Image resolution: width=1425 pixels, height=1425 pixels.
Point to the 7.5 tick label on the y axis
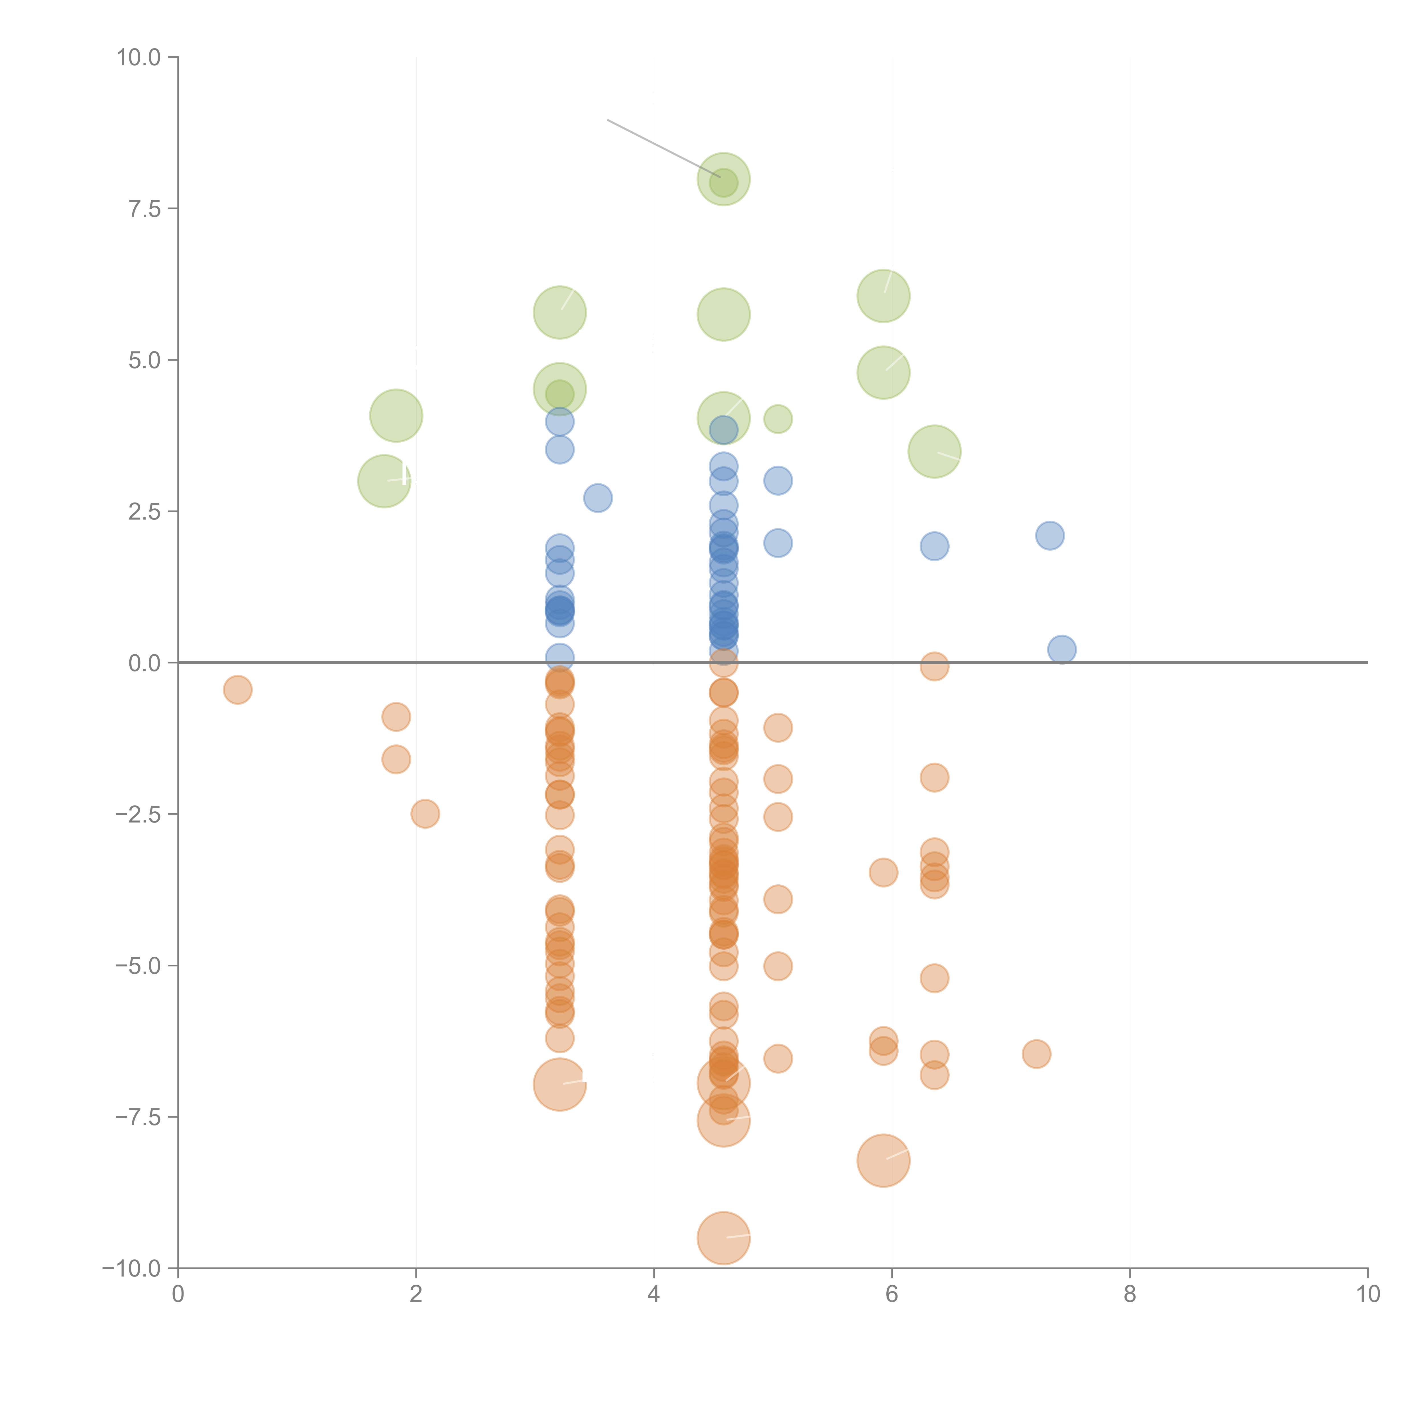(x=144, y=209)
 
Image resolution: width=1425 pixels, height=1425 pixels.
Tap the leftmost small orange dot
(x=237, y=690)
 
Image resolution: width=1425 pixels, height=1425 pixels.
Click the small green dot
(x=777, y=419)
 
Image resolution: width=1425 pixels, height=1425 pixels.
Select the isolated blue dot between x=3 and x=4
(x=597, y=498)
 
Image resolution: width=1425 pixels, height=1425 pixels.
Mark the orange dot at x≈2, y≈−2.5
(x=425, y=814)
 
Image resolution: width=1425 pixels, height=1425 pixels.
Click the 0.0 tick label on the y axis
(x=144, y=663)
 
